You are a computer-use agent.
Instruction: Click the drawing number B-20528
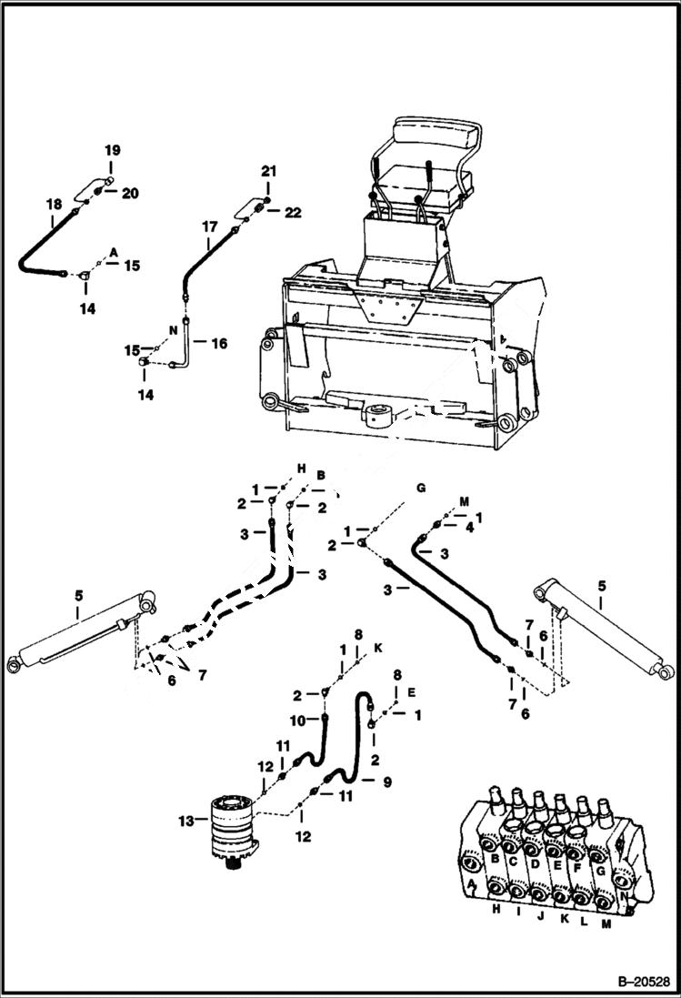point(641,982)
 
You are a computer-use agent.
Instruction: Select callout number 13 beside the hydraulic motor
point(186,822)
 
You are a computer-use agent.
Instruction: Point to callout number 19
point(110,149)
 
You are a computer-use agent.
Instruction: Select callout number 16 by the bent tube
point(219,344)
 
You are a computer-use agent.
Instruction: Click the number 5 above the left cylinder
point(79,595)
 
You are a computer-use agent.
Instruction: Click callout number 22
point(293,212)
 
